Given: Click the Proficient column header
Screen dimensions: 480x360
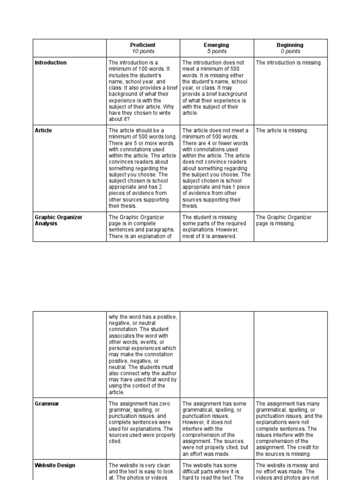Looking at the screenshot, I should pyautogui.click(x=143, y=45).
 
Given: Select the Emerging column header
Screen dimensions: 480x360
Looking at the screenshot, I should pyautogui.click(x=217, y=45).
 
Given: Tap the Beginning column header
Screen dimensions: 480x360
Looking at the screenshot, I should pyautogui.click(x=290, y=45).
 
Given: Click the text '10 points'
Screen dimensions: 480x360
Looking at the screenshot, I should pyautogui.click(x=143, y=52).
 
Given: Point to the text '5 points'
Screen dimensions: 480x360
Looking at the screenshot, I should pyautogui.click(x=217, y=52).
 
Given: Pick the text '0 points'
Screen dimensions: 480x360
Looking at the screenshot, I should pyautogui.click(x=290, y=52).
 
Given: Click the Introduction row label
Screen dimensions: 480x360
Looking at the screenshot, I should pyautogui.click(x=51, y=63).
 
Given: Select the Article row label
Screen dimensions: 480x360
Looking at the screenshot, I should pyautogui.click(x=44, y=131).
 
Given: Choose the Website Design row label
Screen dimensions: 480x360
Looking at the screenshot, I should pyautogui.click(x=55, y=465).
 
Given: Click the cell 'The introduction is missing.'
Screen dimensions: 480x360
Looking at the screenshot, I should pyautogui.click(x=289, y=63).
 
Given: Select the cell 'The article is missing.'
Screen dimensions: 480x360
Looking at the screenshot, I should pyautogui.click(x=282, y=131).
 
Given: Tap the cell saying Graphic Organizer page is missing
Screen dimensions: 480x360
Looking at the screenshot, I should pyautogui.click(x=284, y=220).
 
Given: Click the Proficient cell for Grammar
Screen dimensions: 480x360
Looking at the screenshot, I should pyautogui.click(x=143, y=422).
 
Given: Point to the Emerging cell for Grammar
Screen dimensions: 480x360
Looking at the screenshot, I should pyautogui.click(x=217, y=428).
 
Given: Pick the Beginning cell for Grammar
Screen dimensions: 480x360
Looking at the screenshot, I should pyautogui.click(x=290, y=428).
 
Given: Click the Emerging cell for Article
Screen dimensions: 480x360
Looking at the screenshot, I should pyautogui.click(x=217, y=168).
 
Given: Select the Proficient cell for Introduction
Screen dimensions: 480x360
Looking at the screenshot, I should pyautogui.click(x=143, y=91).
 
